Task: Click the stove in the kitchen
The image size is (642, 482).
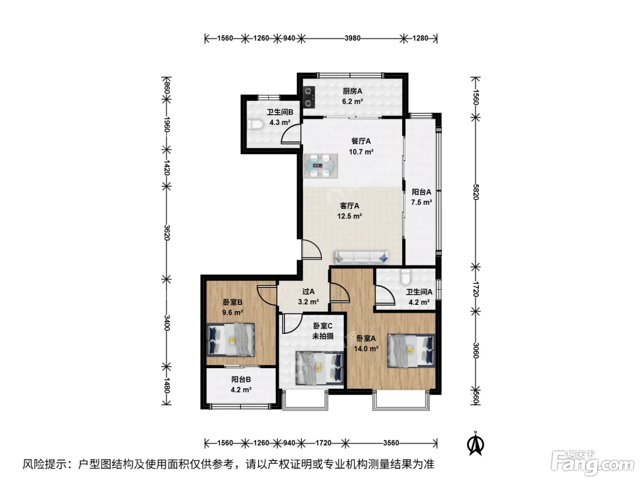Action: click(x=309, y=97)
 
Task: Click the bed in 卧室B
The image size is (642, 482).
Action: click(x=231, y=340)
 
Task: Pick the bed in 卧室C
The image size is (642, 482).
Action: click(x=319, y=368)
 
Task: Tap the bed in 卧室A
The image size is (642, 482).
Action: click(x=411, y=350)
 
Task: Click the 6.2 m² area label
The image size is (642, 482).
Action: click(x=353, y=101)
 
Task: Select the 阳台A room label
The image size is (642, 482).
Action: click(x=421, y=192)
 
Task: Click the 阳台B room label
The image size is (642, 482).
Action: click(x=241, y=379)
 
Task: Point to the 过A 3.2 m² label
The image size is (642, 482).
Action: click(x=308, y=297)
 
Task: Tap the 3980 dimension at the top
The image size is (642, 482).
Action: click(x=353, y=38)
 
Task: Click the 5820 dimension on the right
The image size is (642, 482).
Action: click(x=476, y=192)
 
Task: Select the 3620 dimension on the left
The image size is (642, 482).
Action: click(x=167, y=232)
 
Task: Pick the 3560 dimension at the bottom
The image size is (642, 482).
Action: click(x=391, y=443)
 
